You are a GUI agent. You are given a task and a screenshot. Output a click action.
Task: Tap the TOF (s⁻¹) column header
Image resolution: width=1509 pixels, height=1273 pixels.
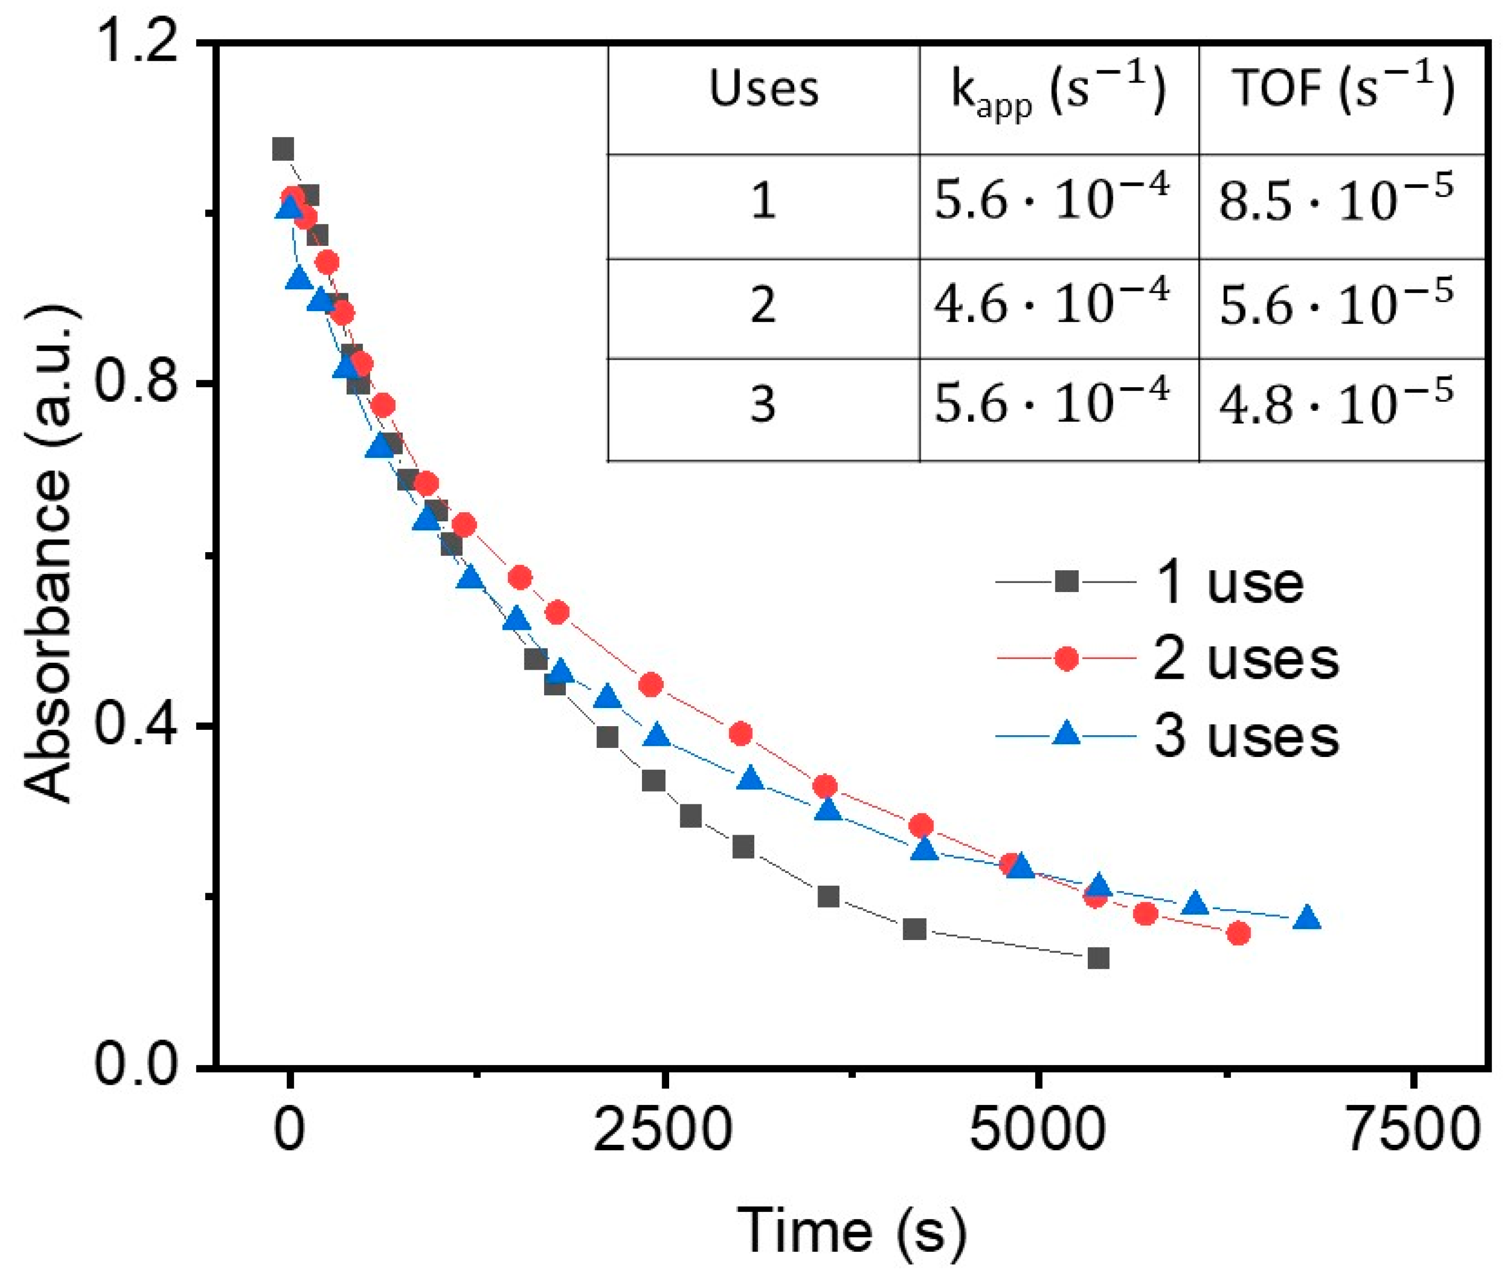pyautogui.click(x=1341, y=91)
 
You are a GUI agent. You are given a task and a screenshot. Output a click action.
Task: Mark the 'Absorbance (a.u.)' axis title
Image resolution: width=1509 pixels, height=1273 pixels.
pyautogui.click(x=49, y=556)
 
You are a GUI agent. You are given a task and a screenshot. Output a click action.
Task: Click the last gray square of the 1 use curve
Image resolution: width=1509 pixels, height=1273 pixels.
pyautogui.click(x=1098, y=959)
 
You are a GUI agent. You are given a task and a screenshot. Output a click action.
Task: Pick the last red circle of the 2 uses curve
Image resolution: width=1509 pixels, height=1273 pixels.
pyautogui.click(x=1238, y=934)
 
